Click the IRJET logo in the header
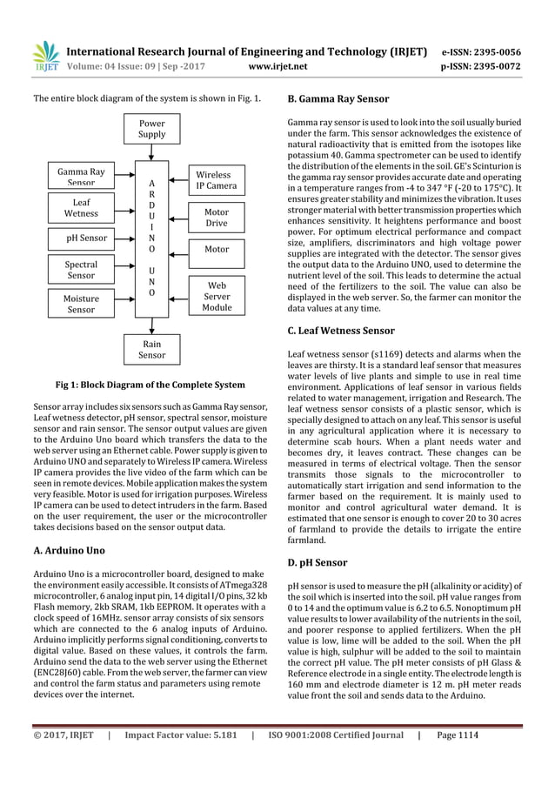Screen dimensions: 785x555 (44, 56)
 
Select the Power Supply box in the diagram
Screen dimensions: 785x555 (152, 129)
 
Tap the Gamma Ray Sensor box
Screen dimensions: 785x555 (82, 176)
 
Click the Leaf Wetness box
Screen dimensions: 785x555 (82, 206)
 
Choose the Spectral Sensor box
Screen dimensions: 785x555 (82, 269)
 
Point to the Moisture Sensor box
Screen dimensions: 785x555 (82, 302)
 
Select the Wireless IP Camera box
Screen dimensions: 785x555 (216, 180)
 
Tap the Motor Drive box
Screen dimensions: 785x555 (216, 217)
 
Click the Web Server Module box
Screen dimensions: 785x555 (216, 296)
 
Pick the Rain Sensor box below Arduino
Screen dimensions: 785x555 (152, 350)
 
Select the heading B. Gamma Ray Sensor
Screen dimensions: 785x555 (338, 99)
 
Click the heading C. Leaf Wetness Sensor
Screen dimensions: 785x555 (340, 331)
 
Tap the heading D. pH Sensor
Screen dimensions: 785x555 (318, 562)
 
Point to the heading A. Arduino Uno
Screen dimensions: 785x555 (69, 551)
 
